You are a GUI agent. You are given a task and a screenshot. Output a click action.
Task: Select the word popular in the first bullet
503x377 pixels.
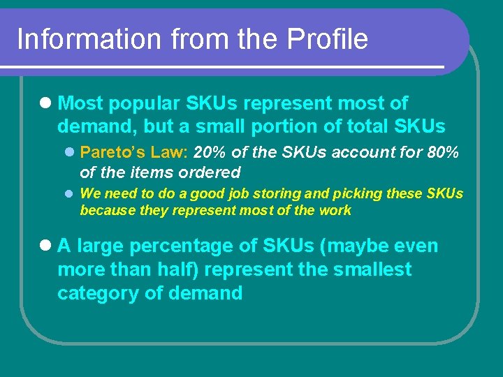pos(143,104)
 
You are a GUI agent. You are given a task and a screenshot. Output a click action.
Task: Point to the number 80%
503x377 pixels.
pos(442,152)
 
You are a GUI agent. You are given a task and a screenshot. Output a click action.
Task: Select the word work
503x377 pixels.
pos(335,210)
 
